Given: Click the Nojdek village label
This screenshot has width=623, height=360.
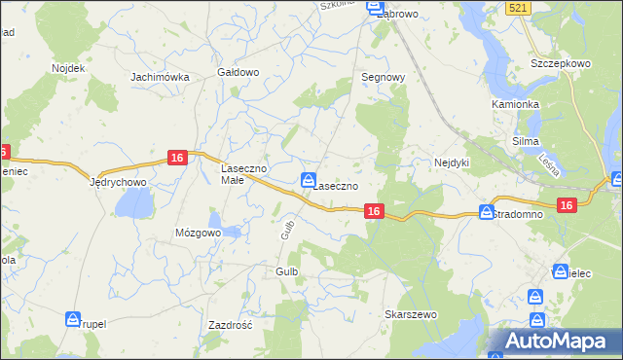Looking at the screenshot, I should point(57,69).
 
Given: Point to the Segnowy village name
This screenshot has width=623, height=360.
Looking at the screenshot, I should point(383,76).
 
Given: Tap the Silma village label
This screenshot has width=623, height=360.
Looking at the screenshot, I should point(526,141).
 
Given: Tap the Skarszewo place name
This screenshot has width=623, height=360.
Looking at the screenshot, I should point(411,315).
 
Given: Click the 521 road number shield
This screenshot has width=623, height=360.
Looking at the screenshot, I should point(520,8).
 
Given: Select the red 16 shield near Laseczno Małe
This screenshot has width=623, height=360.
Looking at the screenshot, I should point(177,158).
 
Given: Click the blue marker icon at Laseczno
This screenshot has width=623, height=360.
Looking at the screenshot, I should point(308,178).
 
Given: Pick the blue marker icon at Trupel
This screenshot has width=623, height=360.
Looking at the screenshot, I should point(73,318).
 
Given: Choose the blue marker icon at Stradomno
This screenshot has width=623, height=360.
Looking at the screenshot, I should point(486,211).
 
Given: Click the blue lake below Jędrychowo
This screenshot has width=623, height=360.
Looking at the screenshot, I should point(134,203).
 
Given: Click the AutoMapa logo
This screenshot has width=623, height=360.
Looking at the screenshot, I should point(555,342).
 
